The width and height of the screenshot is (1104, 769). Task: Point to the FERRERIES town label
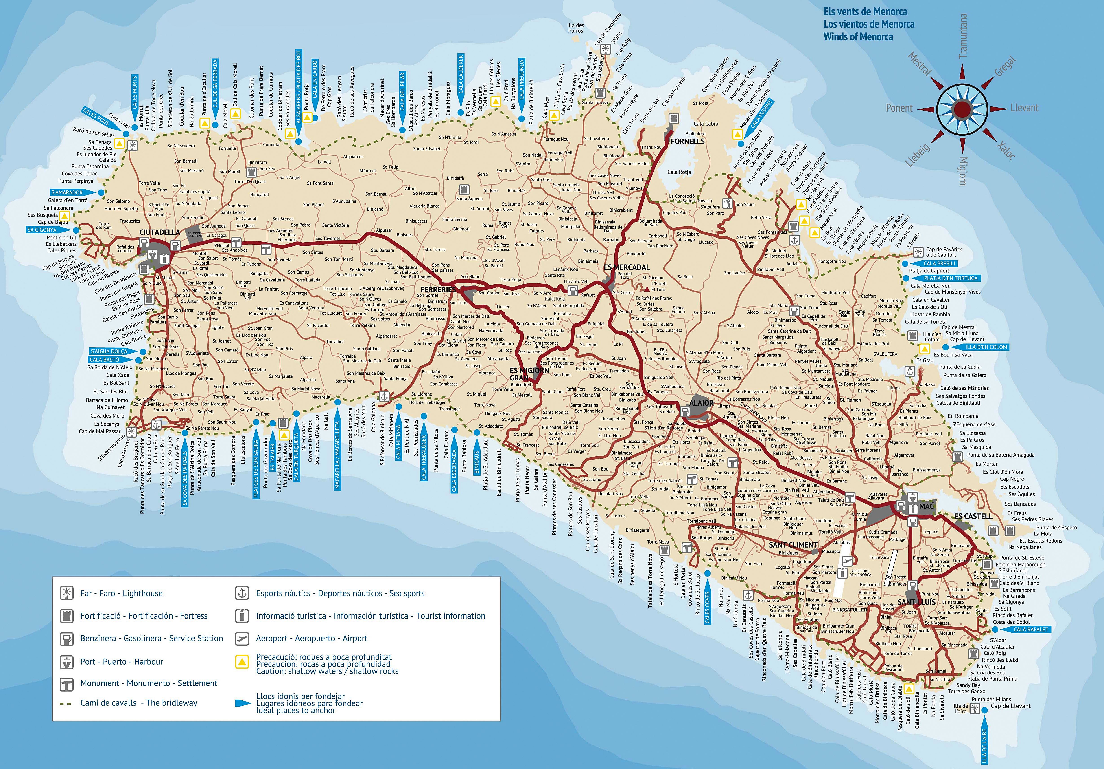click(438, 289)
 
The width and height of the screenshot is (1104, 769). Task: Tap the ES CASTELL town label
click(973, 516)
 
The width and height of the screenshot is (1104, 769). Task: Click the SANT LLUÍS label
click(916, 602)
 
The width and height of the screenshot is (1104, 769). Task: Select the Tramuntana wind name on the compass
click(963, 36)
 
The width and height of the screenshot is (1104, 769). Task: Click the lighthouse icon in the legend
click(66, 593)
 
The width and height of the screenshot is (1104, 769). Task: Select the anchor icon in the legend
click(242, 593)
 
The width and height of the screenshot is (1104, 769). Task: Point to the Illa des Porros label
click(576, 28)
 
